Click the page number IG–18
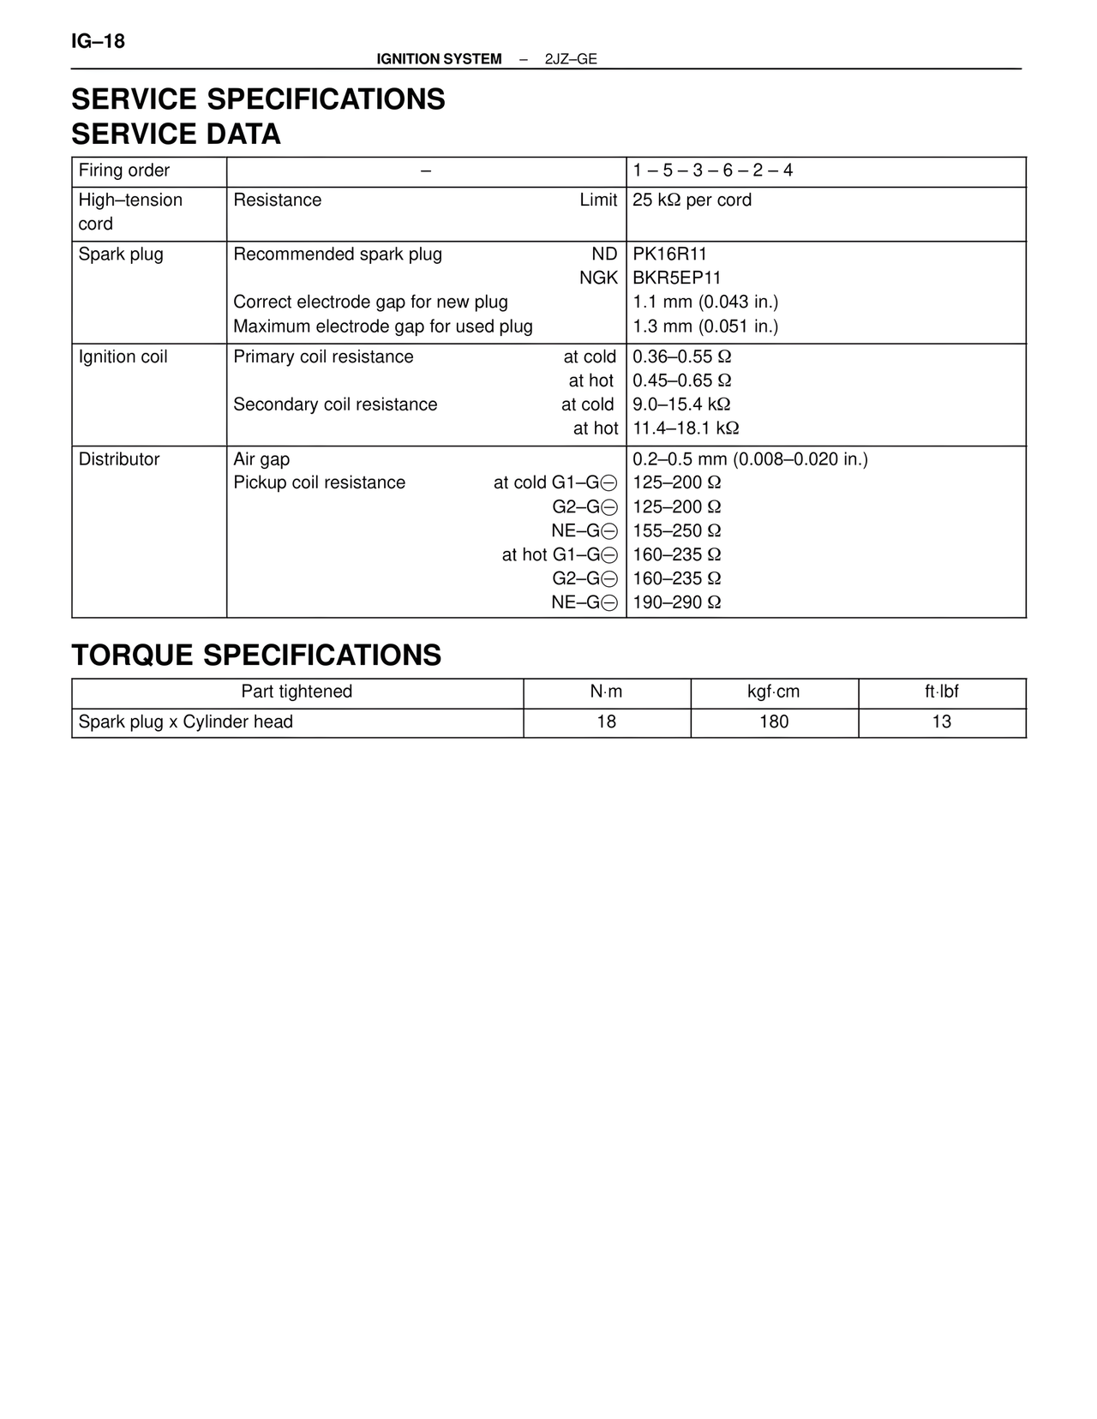click(x=98, y=41)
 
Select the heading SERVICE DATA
click(x=176, y=135)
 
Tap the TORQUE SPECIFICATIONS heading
click(x=256, y=656)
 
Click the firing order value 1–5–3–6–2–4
click(x=712, y=171)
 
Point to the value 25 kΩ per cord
click(x=692, y=201)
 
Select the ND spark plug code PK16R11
click(x=669, y=254)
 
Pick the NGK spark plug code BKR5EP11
click(x=676, y=278)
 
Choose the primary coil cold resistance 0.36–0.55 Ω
click(x=681, y=357)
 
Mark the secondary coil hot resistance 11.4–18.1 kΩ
click(x=686, y=428)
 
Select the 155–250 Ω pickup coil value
click(x=676, y=531)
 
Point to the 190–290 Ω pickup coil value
click(x=676, y=602)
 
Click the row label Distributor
click(x=119, y=459)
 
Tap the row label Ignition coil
click(x=123, y=357)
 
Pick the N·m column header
click(x=606, y=692)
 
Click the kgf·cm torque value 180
click(x=774, y=722)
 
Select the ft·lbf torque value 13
click(x=941, y=722)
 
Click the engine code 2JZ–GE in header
click(x=571, y=59)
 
